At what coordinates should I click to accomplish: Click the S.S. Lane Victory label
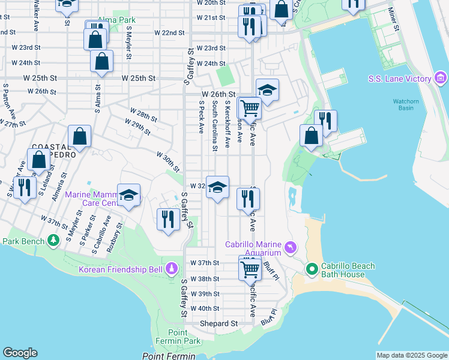(399, 79)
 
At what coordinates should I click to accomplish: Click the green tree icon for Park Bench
(54, 241)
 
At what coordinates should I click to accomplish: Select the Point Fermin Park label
(184, 337)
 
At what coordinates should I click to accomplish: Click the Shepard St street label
(219, 323)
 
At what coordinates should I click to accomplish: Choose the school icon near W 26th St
(267, 90)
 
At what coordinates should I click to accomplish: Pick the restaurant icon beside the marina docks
(325, 121)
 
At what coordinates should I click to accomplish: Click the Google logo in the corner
(20, 353)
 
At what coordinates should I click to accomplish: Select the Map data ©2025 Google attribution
(412, 355)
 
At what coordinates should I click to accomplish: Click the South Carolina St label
(214, 126)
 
